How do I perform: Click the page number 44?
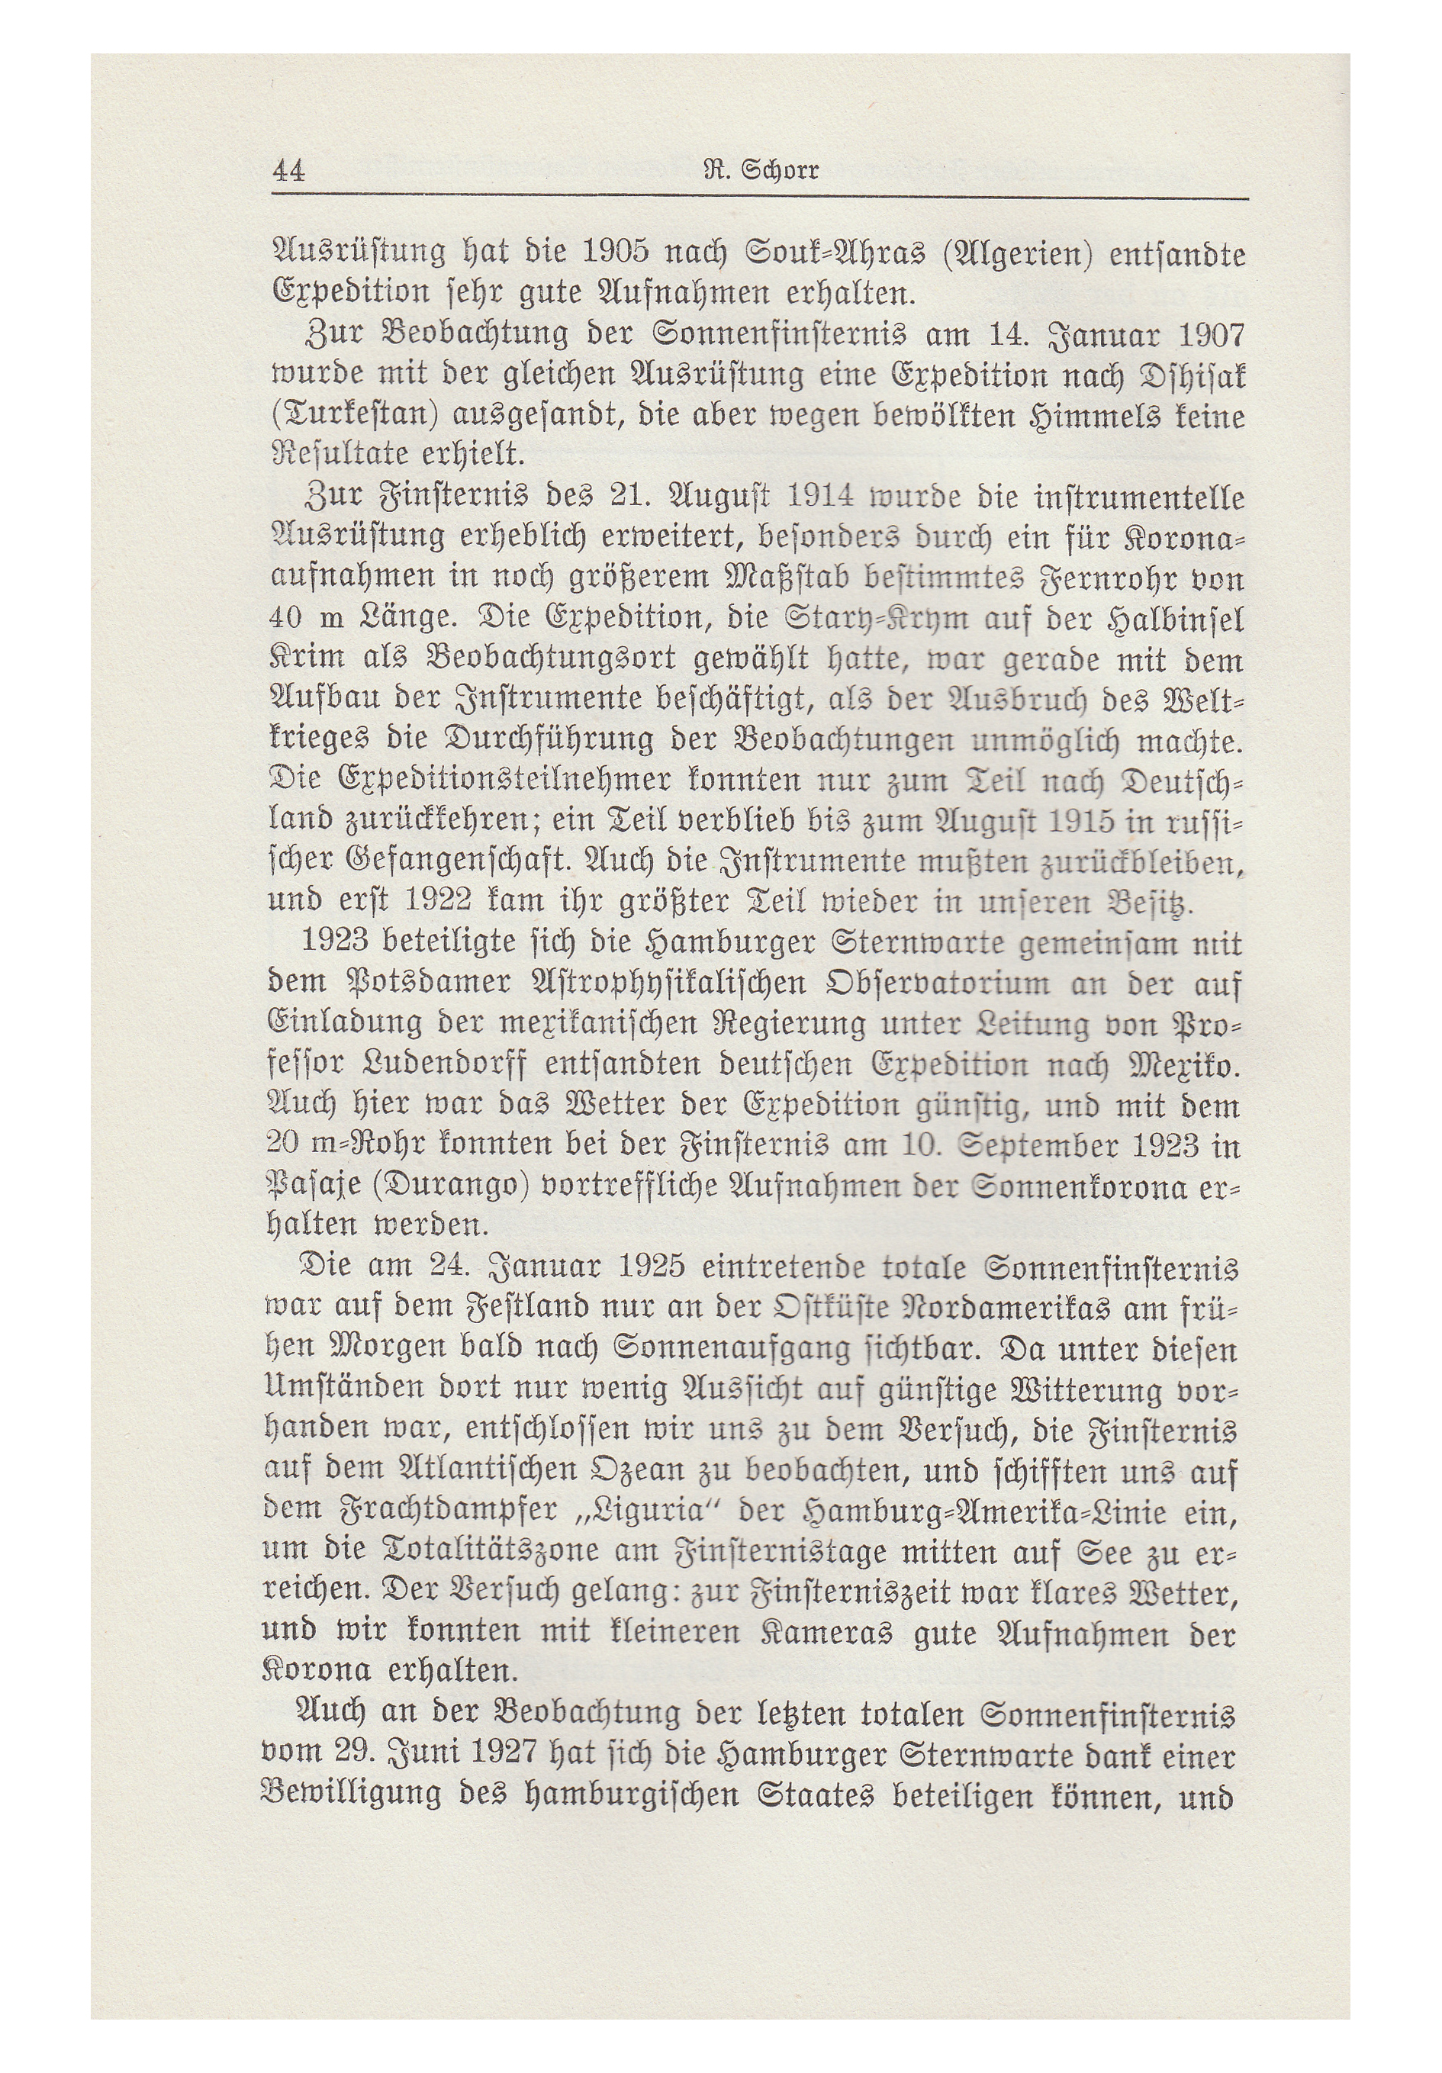pyautogui.click(x=289, y=171)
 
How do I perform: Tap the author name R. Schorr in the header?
pyautogui.click(x=761, y=169)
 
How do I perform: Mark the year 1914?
pyautogui.click(x=821, y=497)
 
